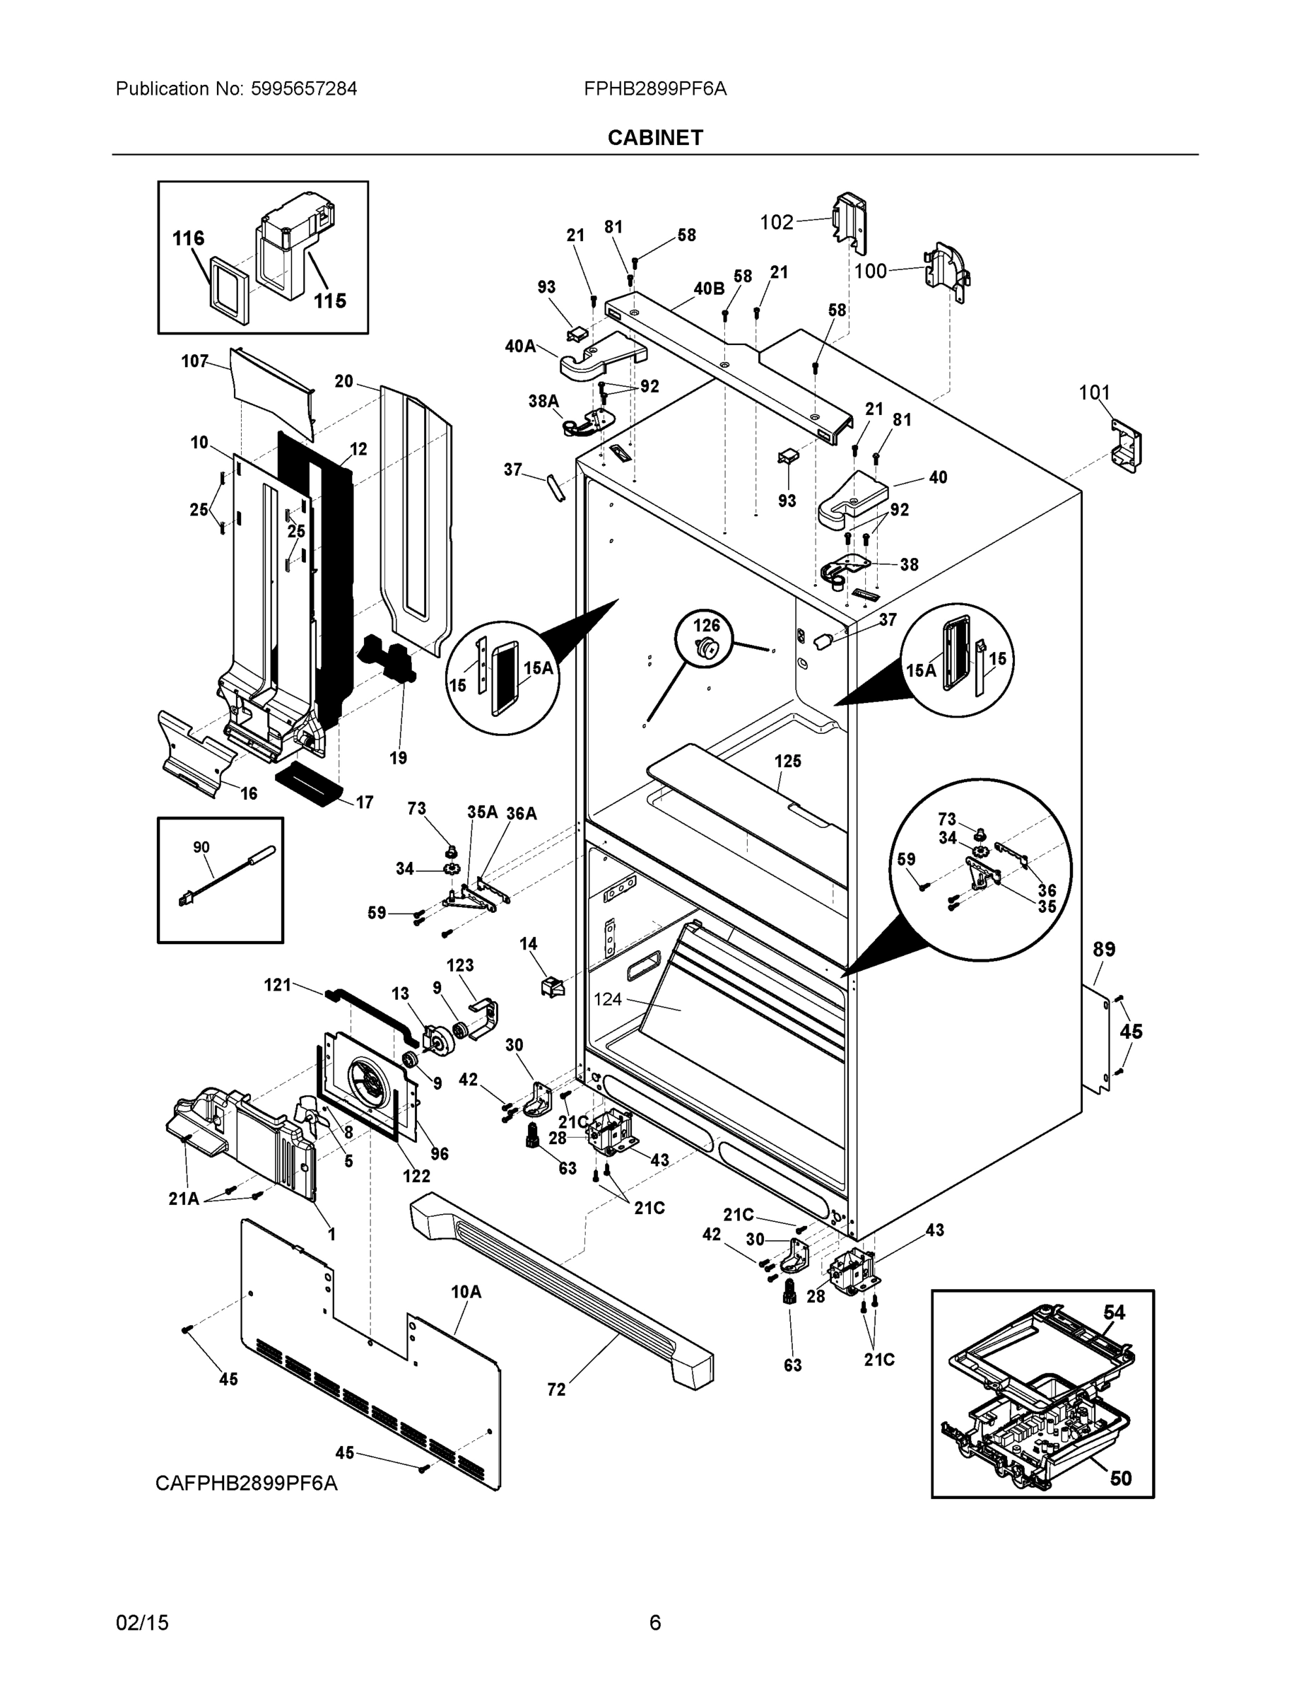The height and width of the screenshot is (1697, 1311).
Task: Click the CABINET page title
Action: (654, 138)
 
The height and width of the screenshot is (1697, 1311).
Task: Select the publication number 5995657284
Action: (304, 88)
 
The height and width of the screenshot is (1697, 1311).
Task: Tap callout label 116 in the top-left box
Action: (188, 238)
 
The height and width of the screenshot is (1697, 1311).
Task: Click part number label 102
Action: (776, 222)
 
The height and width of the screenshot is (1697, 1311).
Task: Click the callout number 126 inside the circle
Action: (706, 625)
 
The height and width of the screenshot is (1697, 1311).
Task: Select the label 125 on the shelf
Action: (787, 761)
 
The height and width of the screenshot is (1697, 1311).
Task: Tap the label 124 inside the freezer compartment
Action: (607, 999)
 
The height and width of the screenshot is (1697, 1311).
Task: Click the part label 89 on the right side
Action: (1104, 949)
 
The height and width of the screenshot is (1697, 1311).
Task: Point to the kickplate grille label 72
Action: (556, 1389)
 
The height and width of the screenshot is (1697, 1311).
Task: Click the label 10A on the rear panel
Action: (466, 1291)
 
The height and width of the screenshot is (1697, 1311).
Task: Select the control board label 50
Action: (1120, 1478)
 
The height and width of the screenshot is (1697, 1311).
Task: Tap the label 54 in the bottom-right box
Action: (1114, 1312)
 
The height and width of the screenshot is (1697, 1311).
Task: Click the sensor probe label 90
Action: (201, 847)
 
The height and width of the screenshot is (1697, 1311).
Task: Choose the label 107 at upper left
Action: (195, 361)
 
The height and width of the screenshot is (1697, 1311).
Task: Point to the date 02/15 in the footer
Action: (142, 1623)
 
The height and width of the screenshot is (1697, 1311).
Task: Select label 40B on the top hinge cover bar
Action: (708, 289)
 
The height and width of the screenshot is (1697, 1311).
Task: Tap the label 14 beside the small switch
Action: (528, 943)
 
